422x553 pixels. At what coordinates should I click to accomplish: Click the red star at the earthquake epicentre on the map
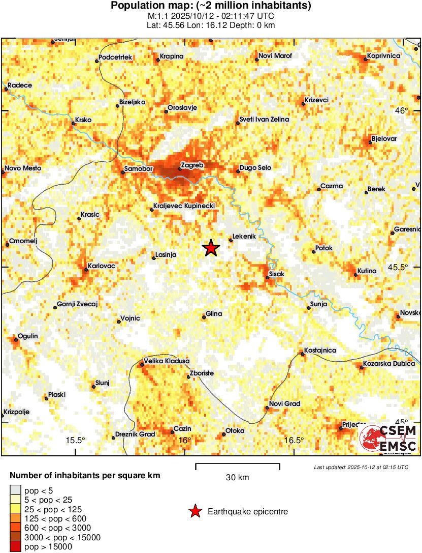coord(211,248)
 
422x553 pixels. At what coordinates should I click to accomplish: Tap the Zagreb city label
coord(192,165)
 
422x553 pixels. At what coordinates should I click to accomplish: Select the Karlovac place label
coord(101,266)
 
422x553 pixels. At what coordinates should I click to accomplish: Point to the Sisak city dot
coord(267,277)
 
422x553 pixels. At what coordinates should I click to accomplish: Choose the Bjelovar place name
coord(384,138)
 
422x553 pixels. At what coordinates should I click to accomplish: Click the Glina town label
coord(214,314)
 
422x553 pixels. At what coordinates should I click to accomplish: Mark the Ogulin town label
coord(27,336)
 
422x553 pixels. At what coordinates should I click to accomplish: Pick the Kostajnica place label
coord(320,351)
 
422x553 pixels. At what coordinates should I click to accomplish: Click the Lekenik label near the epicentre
coord(244,237)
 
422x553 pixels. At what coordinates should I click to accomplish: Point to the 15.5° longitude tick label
coord(76,440)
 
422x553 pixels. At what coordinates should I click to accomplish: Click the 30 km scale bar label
coord(237,478)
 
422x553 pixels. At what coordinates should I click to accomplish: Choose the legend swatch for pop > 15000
coord(15,546)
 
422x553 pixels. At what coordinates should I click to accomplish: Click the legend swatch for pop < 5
coord(15,491)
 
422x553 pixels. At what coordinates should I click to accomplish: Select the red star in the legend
coord(194,511)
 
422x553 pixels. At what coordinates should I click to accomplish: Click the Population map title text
coord(211,6)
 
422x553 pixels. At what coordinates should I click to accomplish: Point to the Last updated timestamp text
coord(361,467)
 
